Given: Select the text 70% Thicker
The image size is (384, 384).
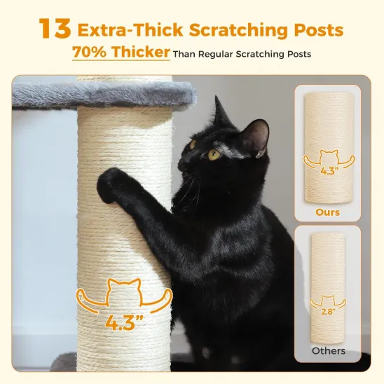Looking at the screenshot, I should pyautogui.click(x=121, y=53).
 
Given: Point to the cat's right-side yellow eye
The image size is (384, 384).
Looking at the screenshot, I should pyautogui.click(x=214, y=154).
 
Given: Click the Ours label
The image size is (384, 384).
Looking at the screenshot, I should pyautogui.click(x=327, y=212).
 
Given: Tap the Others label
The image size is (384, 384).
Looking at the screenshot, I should pyautogui.click(x=327, y=350).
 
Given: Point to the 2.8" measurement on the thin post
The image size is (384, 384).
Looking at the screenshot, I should pyautogui.click(x=328, y=312).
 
